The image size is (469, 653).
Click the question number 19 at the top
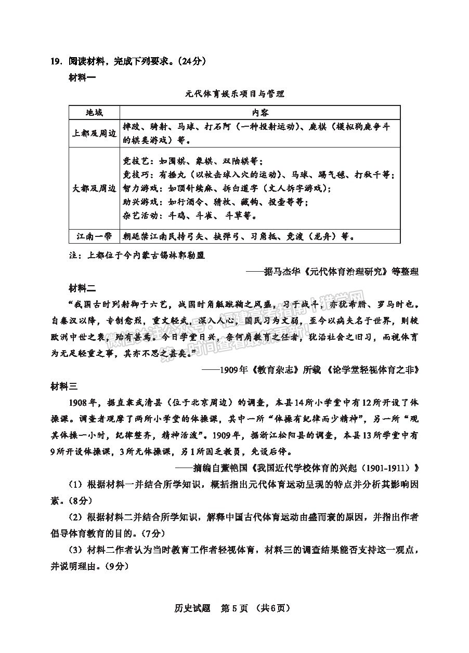(x=56, y=61)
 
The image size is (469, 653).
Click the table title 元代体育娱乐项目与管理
(x=234, y=94)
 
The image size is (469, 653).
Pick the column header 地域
(x=94, y=113)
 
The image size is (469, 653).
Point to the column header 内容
(x=260, y=113)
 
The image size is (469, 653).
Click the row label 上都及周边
(x=94, y=134)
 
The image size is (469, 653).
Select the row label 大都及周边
(x=94, y=188)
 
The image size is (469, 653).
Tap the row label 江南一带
(x=94, y=236)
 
